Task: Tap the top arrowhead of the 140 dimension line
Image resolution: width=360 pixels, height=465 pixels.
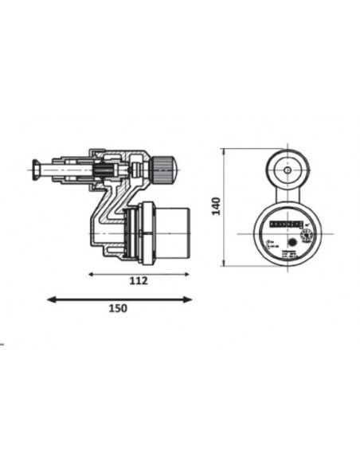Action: (229, 149)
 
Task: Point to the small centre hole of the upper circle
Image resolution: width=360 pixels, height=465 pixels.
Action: (284, 170)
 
